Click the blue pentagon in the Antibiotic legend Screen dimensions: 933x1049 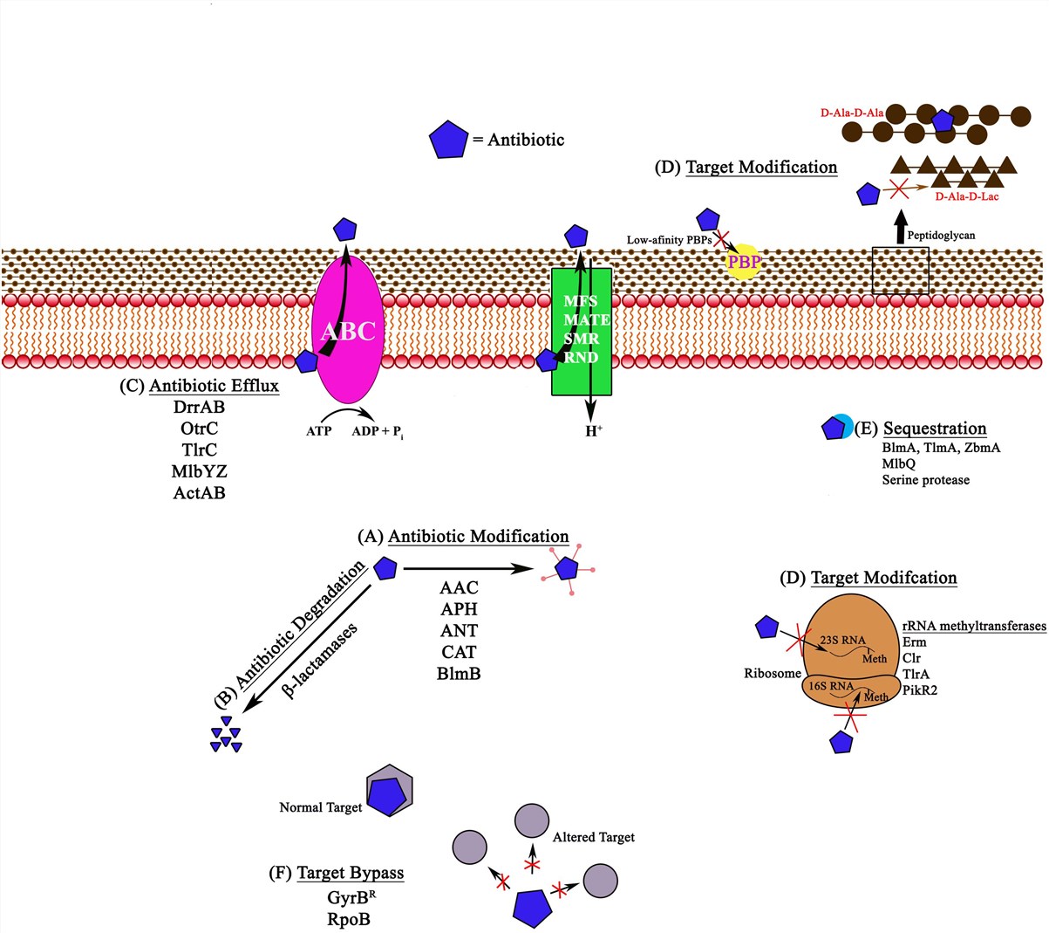click(x=448, y=140)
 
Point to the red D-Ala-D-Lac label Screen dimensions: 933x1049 click(x=966, y=196)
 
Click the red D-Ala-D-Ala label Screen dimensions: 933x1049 click(x=852, y=113)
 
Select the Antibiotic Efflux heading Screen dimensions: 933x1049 click(x=214, y=386)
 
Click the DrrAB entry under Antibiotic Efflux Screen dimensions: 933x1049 click(x=199, y=407)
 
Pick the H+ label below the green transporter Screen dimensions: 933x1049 click(x=594, y=431)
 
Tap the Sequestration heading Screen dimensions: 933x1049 click(x=935, y=429)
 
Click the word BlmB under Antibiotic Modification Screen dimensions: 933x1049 click(x=459, y=673)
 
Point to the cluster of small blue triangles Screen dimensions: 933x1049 click(x=225, y=734)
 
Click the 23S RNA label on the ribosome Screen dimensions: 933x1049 click(x=842, y=640)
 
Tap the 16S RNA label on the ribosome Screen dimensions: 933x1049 click(x=829, y=686)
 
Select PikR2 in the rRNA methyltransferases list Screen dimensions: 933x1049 click(x=920, y=690)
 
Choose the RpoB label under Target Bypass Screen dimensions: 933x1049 click(x=349, y=918)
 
